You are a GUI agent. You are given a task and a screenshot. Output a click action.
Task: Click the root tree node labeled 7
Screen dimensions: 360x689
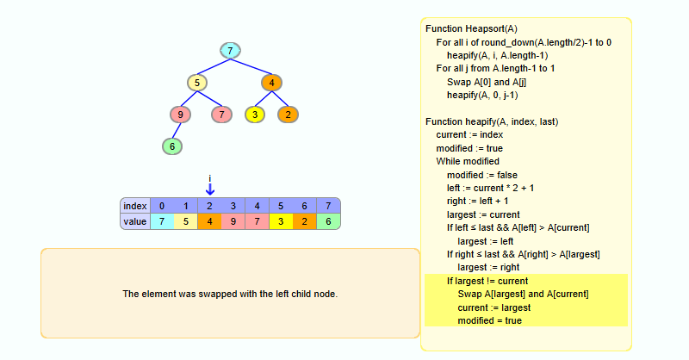pyautogui.click(x=230, y=51)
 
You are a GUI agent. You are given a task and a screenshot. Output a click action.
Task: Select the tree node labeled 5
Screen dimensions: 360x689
pyautogui.click(x=197, y=84)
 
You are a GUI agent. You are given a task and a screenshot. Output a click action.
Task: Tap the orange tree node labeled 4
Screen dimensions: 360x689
pyautogui.click(x=271, y=84)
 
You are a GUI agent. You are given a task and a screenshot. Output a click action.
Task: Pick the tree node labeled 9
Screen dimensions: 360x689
pyautogui.click(x=180, y=115)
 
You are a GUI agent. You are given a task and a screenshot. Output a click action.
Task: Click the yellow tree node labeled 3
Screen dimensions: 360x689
pyautogui.click(x=255, y=115)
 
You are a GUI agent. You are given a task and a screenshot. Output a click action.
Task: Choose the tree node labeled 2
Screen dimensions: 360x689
pyautogui.click(x=288, y=115)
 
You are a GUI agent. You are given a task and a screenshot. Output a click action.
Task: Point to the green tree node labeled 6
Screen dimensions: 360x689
pyautogui.click(x=172, y=146)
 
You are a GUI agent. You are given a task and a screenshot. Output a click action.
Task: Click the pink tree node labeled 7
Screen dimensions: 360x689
pyautogui.click(x=221, y=115)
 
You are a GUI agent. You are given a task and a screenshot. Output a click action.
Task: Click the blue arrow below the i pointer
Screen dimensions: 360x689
pyautogui.click(x=210, y=189)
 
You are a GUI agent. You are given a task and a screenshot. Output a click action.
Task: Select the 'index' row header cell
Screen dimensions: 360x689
pyautogui.click(x=135, y=206)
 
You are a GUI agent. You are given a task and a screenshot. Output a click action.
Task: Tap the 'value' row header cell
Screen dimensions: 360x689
pyautogui.click(x=135, y=222)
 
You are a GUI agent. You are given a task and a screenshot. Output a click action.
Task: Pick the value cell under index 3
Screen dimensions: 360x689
pyautogui.click(x=233, y=222)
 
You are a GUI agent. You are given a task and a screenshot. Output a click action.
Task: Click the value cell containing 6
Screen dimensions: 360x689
pyautogui.click(x=328, y=222)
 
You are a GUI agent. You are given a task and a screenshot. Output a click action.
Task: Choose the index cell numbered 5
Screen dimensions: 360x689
pyautogui.click(x=281, y=206)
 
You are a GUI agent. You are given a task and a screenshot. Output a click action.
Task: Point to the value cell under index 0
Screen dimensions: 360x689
pyautogui.click(x=162, y=222)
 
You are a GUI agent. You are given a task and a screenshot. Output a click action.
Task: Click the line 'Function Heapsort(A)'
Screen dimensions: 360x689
pyautogui.click(x=471, y=28)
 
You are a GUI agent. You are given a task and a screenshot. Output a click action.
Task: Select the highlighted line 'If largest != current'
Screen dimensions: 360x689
pyautogui.click(x=487, y=281)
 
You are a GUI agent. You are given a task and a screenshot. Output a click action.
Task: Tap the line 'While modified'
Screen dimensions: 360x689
pyautogui.click(x=468, y=161)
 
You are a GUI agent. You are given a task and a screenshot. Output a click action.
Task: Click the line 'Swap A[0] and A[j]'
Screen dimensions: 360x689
pyautogui.click(x=487, y=82)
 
